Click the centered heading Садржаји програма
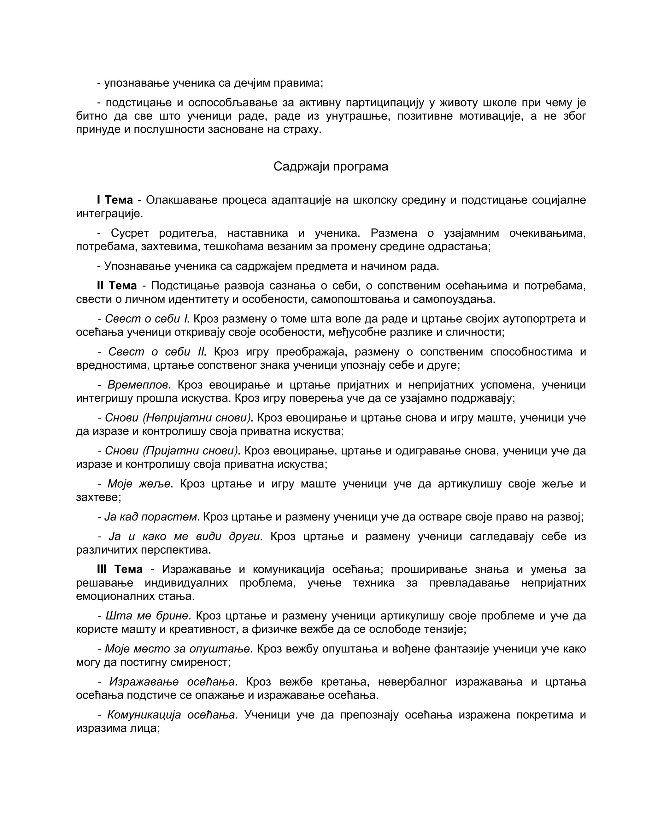coord(331,167)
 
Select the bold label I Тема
coord(115,200)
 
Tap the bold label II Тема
coord(117,285)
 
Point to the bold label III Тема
coord(120,569)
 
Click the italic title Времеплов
coord(138,385)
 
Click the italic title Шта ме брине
coord(148,616)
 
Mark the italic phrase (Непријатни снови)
coord(197,418)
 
